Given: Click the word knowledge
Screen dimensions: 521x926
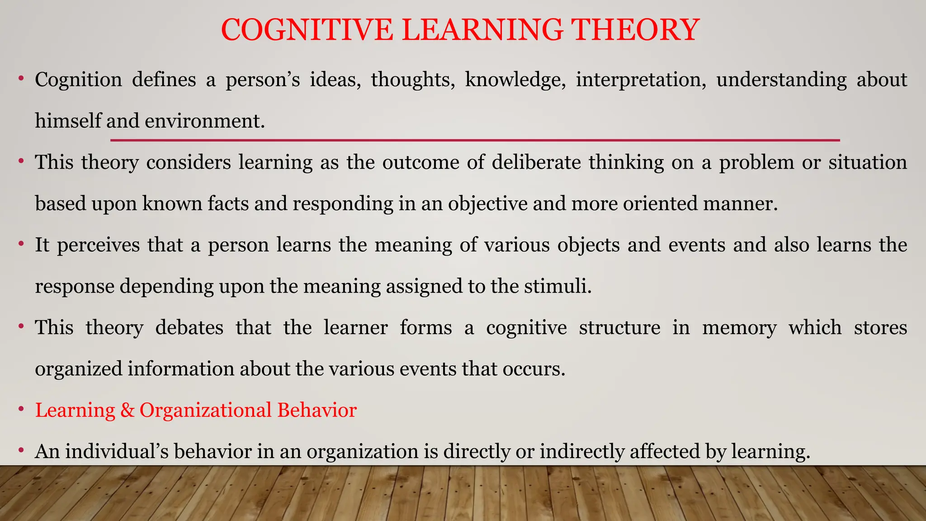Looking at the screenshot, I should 515,80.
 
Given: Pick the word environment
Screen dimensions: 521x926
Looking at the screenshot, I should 204,121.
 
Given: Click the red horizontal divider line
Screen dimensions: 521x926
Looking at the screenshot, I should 475,141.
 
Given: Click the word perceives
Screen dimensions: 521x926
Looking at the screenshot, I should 98,246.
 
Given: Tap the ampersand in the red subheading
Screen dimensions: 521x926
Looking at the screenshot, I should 128,411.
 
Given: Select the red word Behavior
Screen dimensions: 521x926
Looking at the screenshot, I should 317,411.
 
